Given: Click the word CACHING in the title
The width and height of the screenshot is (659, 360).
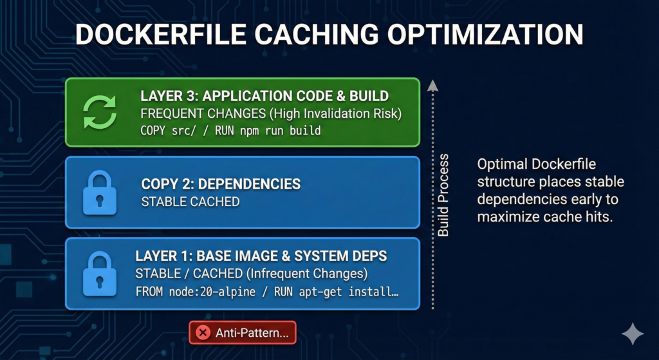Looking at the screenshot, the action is pyautogui.click(x=317, y=35).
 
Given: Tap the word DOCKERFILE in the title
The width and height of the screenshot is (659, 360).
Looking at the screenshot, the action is pyautogui.click(x=160, y=35).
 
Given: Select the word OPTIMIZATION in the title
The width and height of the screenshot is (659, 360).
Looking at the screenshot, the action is pyautogui.click(x=485, y=35).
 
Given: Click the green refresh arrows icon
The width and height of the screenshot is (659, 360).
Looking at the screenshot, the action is pyautogui.click(x=100, y=112).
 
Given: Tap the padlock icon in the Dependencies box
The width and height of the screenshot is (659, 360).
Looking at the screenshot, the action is pyautogui.click(x=100, y=193).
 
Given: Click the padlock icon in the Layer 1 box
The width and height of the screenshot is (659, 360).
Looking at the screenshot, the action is pyautogui.click(x=100, y=274).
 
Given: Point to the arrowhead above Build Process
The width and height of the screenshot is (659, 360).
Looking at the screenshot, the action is pyautogui.click(x=432, y=86).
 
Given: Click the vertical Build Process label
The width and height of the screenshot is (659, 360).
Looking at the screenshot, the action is pyautogui.click(x=443, y=195).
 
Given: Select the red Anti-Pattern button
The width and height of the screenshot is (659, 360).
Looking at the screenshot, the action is pyautogui.click(x=243, y=333).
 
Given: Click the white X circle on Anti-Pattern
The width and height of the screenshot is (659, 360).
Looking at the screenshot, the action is pyautogui.click(x=203, y=333).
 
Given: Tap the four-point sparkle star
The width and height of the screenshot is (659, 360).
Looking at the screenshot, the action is pyautogui.click(x=633, y=334).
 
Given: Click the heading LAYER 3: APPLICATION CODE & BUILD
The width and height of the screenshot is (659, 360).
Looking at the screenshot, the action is pyautogui.click(x=265, y=96).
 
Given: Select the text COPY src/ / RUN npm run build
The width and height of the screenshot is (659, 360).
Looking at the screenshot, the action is pyautogui.click(x=230, y=130).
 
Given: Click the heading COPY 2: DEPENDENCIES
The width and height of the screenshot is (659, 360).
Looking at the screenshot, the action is pyautogui.click(x=221, y=184).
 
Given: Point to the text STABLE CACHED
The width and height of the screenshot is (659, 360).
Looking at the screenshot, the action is pyautogui.click(x=190, y=202).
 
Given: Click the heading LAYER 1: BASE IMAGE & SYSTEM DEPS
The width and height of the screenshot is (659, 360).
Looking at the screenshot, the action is pyautogui.click(x=261, y=256).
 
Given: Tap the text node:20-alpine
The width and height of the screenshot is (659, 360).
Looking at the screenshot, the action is pyautogui.click(x=212, y=292).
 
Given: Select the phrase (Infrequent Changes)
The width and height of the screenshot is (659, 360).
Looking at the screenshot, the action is pyautogui.click(x=307, y=274).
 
